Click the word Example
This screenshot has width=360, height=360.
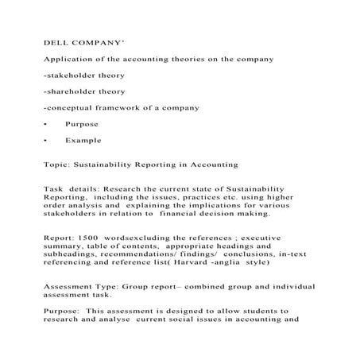[83, 141]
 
